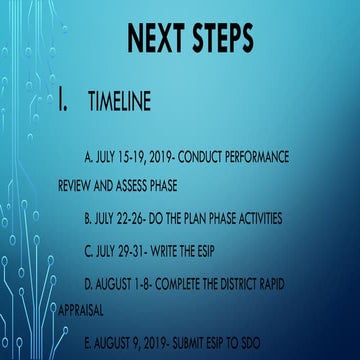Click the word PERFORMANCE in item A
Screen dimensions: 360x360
(256, 157)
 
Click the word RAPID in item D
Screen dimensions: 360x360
(275, 284)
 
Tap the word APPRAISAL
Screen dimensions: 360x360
(81, 311)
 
